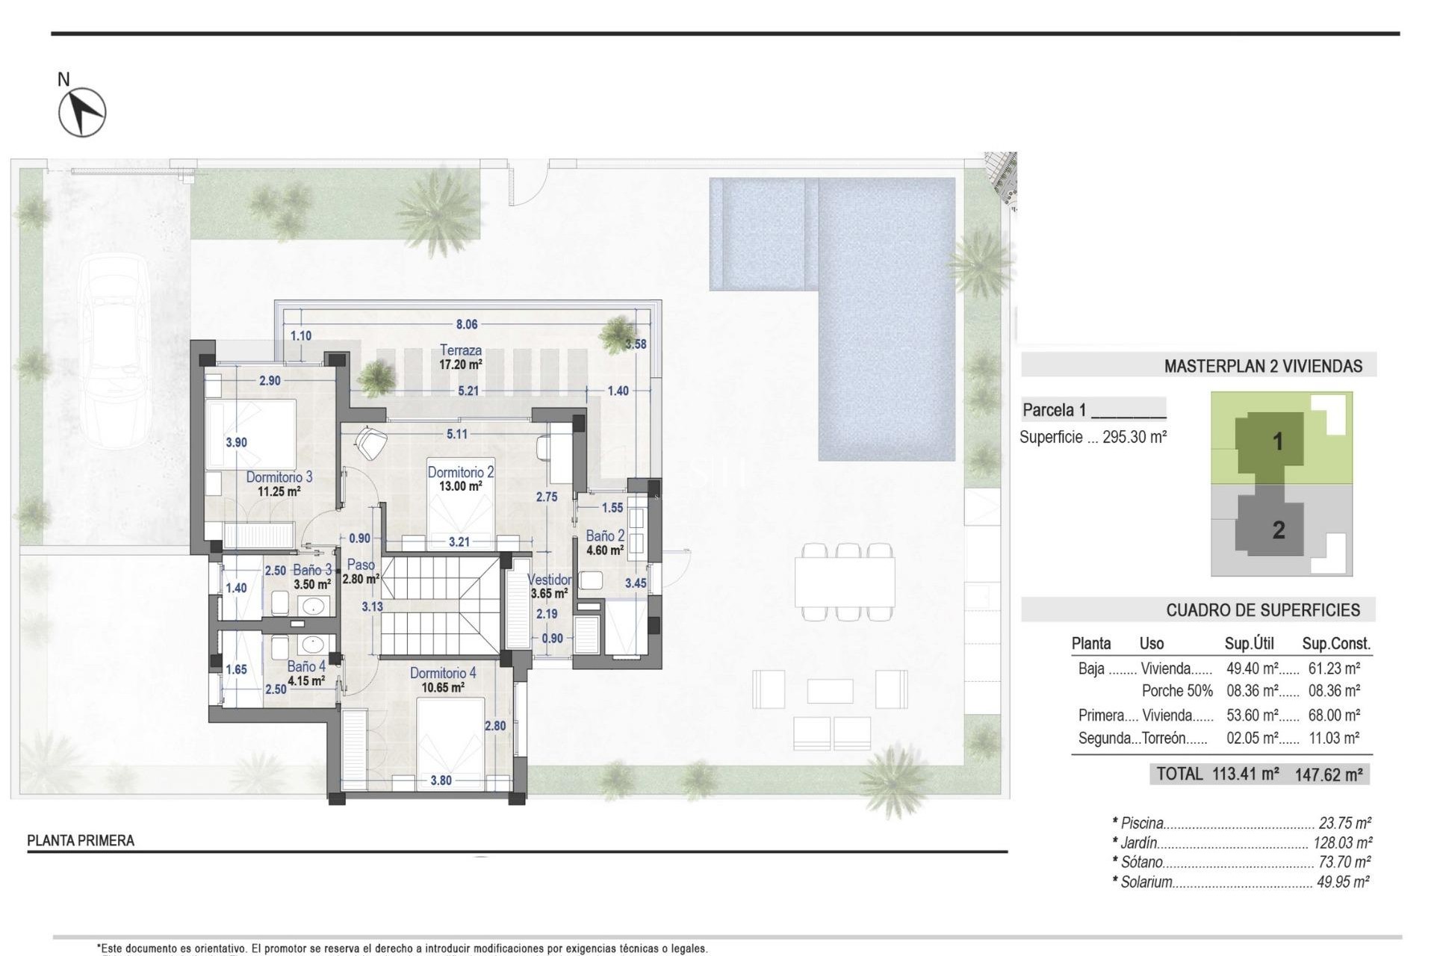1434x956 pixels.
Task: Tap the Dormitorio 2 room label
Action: [460, 472]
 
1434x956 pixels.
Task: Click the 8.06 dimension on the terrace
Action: [467, 324]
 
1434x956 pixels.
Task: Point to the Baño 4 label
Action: [306, 666]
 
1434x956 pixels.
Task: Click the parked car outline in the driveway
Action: [115, 351]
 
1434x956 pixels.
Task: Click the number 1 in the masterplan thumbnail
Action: [1278, 441]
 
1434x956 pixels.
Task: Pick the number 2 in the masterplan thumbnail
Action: [1278, 530]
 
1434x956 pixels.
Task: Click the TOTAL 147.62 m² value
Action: [1329, 775]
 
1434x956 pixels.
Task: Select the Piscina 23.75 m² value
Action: [1344, 823]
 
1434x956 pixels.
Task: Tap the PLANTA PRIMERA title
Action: [81, 841]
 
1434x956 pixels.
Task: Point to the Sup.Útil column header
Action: [1249, 643]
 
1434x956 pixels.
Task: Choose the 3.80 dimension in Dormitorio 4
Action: [441, 780]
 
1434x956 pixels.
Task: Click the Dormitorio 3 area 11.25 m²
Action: [279, 491]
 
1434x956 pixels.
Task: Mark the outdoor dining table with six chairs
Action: [845, 582]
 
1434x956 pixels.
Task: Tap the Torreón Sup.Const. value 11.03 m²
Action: [1333, 738]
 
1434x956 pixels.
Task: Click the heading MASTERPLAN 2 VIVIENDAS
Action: [1263, 366]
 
